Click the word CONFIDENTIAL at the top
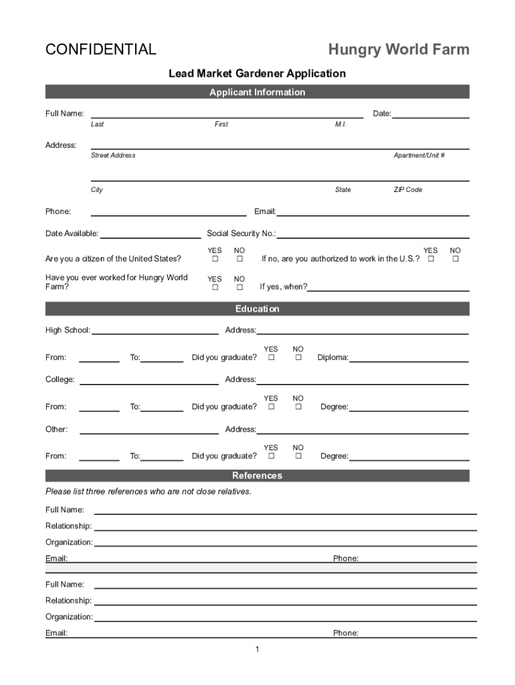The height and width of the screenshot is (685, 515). click(x=100, y=50)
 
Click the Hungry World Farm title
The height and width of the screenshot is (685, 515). click(x=398, y=50)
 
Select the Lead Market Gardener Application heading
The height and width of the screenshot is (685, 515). click(x=257, y=74)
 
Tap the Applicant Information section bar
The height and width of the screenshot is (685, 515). click(x=257, y=92)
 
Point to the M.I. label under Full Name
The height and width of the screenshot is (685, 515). click(x=340, y=124)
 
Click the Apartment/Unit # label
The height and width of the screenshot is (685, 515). click(x=419, y=155)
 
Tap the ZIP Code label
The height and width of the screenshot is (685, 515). click(x=407, y=190)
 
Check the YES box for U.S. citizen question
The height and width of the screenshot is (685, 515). click(x=215, y=259)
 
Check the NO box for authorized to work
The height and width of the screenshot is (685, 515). click(x=455, y=259)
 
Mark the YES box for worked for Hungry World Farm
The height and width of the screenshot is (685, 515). click(x=215, y=288)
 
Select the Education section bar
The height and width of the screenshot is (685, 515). click(x=257, y=309)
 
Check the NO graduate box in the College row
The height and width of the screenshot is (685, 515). click(x=298, y=407)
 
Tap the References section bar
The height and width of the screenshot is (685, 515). click(x=257, y=476)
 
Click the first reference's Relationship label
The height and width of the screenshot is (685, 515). click(x=68, y=526)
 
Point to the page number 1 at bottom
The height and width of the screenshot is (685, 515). click(x=257, y=650)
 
